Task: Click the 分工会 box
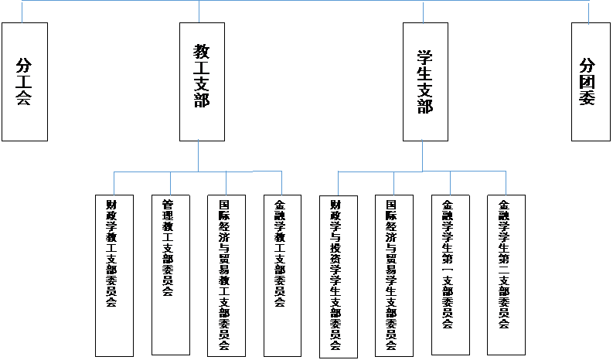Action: click(x=24, y=81)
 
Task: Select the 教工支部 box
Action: click(x=202, y=81)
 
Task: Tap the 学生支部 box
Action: click(x=425, y=81)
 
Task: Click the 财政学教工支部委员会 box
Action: click(x=112, y=274)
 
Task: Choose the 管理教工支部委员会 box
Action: click(x=169, y=274)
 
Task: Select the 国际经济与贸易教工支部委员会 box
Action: click(x=225, y=274)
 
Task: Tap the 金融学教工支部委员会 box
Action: click(x=280, y=274)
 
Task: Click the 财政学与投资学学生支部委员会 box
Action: click(x=336, y=274)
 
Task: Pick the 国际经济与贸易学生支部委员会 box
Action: click(x=392, y=274)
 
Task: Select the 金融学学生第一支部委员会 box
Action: click(x=448, y=274)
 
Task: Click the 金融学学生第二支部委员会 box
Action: click(x=505, y=274)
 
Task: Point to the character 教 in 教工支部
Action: click(x=202, y=52)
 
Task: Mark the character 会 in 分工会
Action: click(x=24, y=99)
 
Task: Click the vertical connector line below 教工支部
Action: click(x=198, y=155)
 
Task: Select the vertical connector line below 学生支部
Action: click(x=422, y=155)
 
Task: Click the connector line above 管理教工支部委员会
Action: click(x=170, y=182)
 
